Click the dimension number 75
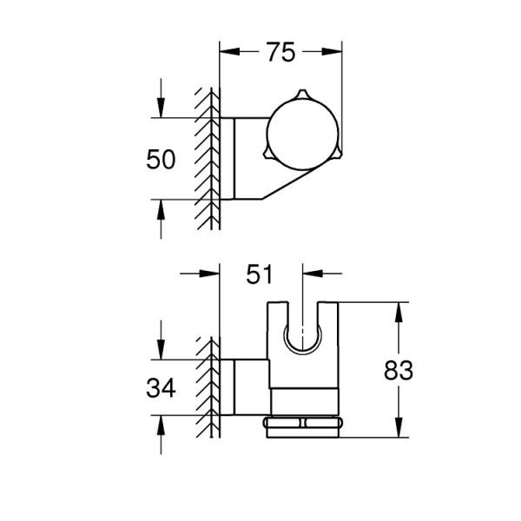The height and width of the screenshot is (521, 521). [x=280, y=53]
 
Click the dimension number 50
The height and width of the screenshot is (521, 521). [x=162, y=160]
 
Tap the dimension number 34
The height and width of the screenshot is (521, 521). [x=161, y=388]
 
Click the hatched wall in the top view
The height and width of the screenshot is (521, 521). [x=208, y=156]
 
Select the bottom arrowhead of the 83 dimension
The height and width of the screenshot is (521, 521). [x=398, y=429]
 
